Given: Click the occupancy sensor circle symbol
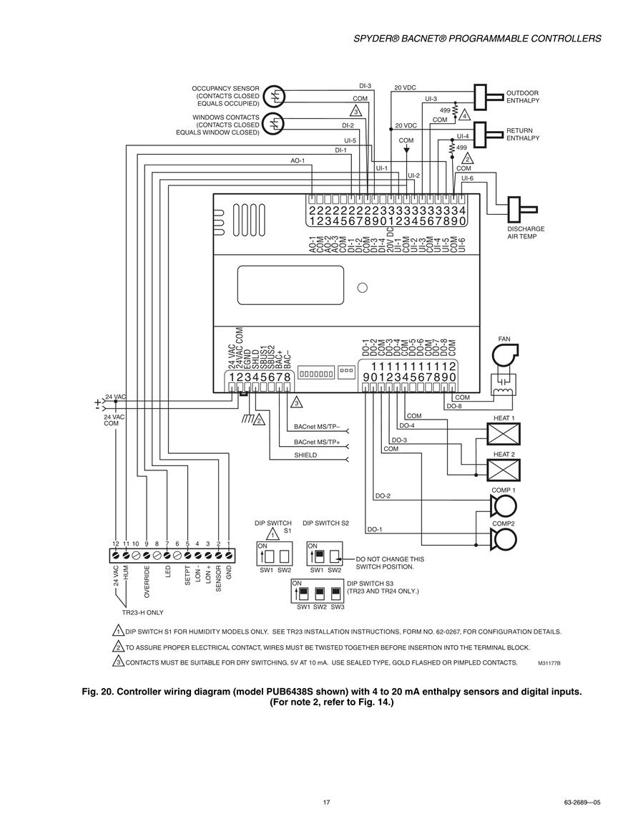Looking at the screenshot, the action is [x=273, y=96].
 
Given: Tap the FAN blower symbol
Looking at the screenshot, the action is [x=505, y=355].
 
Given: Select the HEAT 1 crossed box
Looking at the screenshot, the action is [x=503, y=433].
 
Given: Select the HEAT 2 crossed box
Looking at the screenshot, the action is [x=503, y=470].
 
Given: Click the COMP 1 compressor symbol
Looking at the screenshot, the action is [x=504, y=506].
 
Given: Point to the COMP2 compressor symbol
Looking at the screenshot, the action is [x=504, y=539].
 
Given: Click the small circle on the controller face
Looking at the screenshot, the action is [x=363, y=288].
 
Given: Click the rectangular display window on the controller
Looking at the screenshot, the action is [x=290, y=286].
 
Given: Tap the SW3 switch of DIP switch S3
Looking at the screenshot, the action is [x=335, y=594].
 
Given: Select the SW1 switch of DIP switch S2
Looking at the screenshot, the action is [x=318, y=556].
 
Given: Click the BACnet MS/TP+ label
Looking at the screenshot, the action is [x=317, y=442].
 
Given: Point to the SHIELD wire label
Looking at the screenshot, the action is [x=305, y=455].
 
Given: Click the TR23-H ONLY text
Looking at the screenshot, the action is [x=143, y=612].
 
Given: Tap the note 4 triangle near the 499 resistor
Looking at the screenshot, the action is [x=465, y=115].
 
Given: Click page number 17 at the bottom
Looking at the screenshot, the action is [x=327, y=802].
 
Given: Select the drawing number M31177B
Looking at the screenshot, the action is [x=549, y=663].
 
